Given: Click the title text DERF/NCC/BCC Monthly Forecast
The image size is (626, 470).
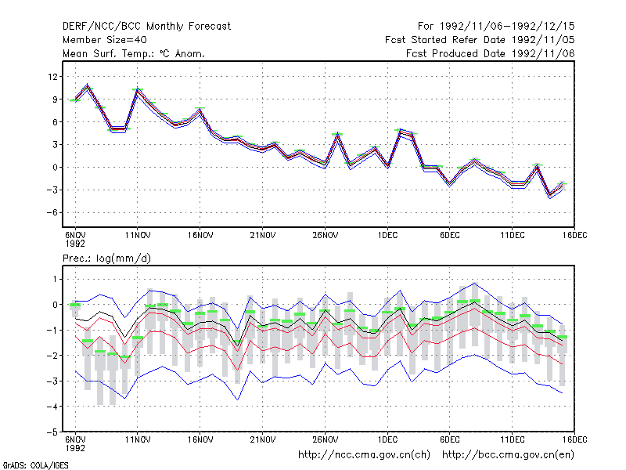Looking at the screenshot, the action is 146,27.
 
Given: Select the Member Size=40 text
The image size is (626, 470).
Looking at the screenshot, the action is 105,40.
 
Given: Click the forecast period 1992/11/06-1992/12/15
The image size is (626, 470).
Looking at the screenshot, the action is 496,27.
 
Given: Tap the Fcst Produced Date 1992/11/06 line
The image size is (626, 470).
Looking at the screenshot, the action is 491,53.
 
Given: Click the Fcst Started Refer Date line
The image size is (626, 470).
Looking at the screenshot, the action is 480,40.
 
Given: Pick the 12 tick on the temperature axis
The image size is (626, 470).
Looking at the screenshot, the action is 52,76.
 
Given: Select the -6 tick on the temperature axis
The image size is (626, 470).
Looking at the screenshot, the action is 52,212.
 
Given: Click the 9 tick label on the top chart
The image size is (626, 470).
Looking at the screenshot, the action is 56,99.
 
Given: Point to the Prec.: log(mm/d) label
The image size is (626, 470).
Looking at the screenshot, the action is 107,258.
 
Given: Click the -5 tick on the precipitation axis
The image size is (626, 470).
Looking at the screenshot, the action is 52,432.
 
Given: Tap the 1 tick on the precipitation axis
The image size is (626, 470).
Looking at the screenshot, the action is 55,279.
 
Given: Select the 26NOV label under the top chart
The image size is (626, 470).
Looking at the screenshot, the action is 325,236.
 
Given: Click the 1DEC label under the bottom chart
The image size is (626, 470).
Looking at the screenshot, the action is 387,439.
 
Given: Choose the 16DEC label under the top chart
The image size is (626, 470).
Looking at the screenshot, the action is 574,236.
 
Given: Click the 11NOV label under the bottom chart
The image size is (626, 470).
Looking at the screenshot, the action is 138,439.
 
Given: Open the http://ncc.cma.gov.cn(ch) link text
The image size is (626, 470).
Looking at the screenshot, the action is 365,455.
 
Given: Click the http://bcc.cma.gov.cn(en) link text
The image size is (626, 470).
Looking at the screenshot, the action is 508,455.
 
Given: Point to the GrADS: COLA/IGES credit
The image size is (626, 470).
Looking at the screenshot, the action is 35,465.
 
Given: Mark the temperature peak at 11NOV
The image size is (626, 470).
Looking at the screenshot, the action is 138,89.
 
